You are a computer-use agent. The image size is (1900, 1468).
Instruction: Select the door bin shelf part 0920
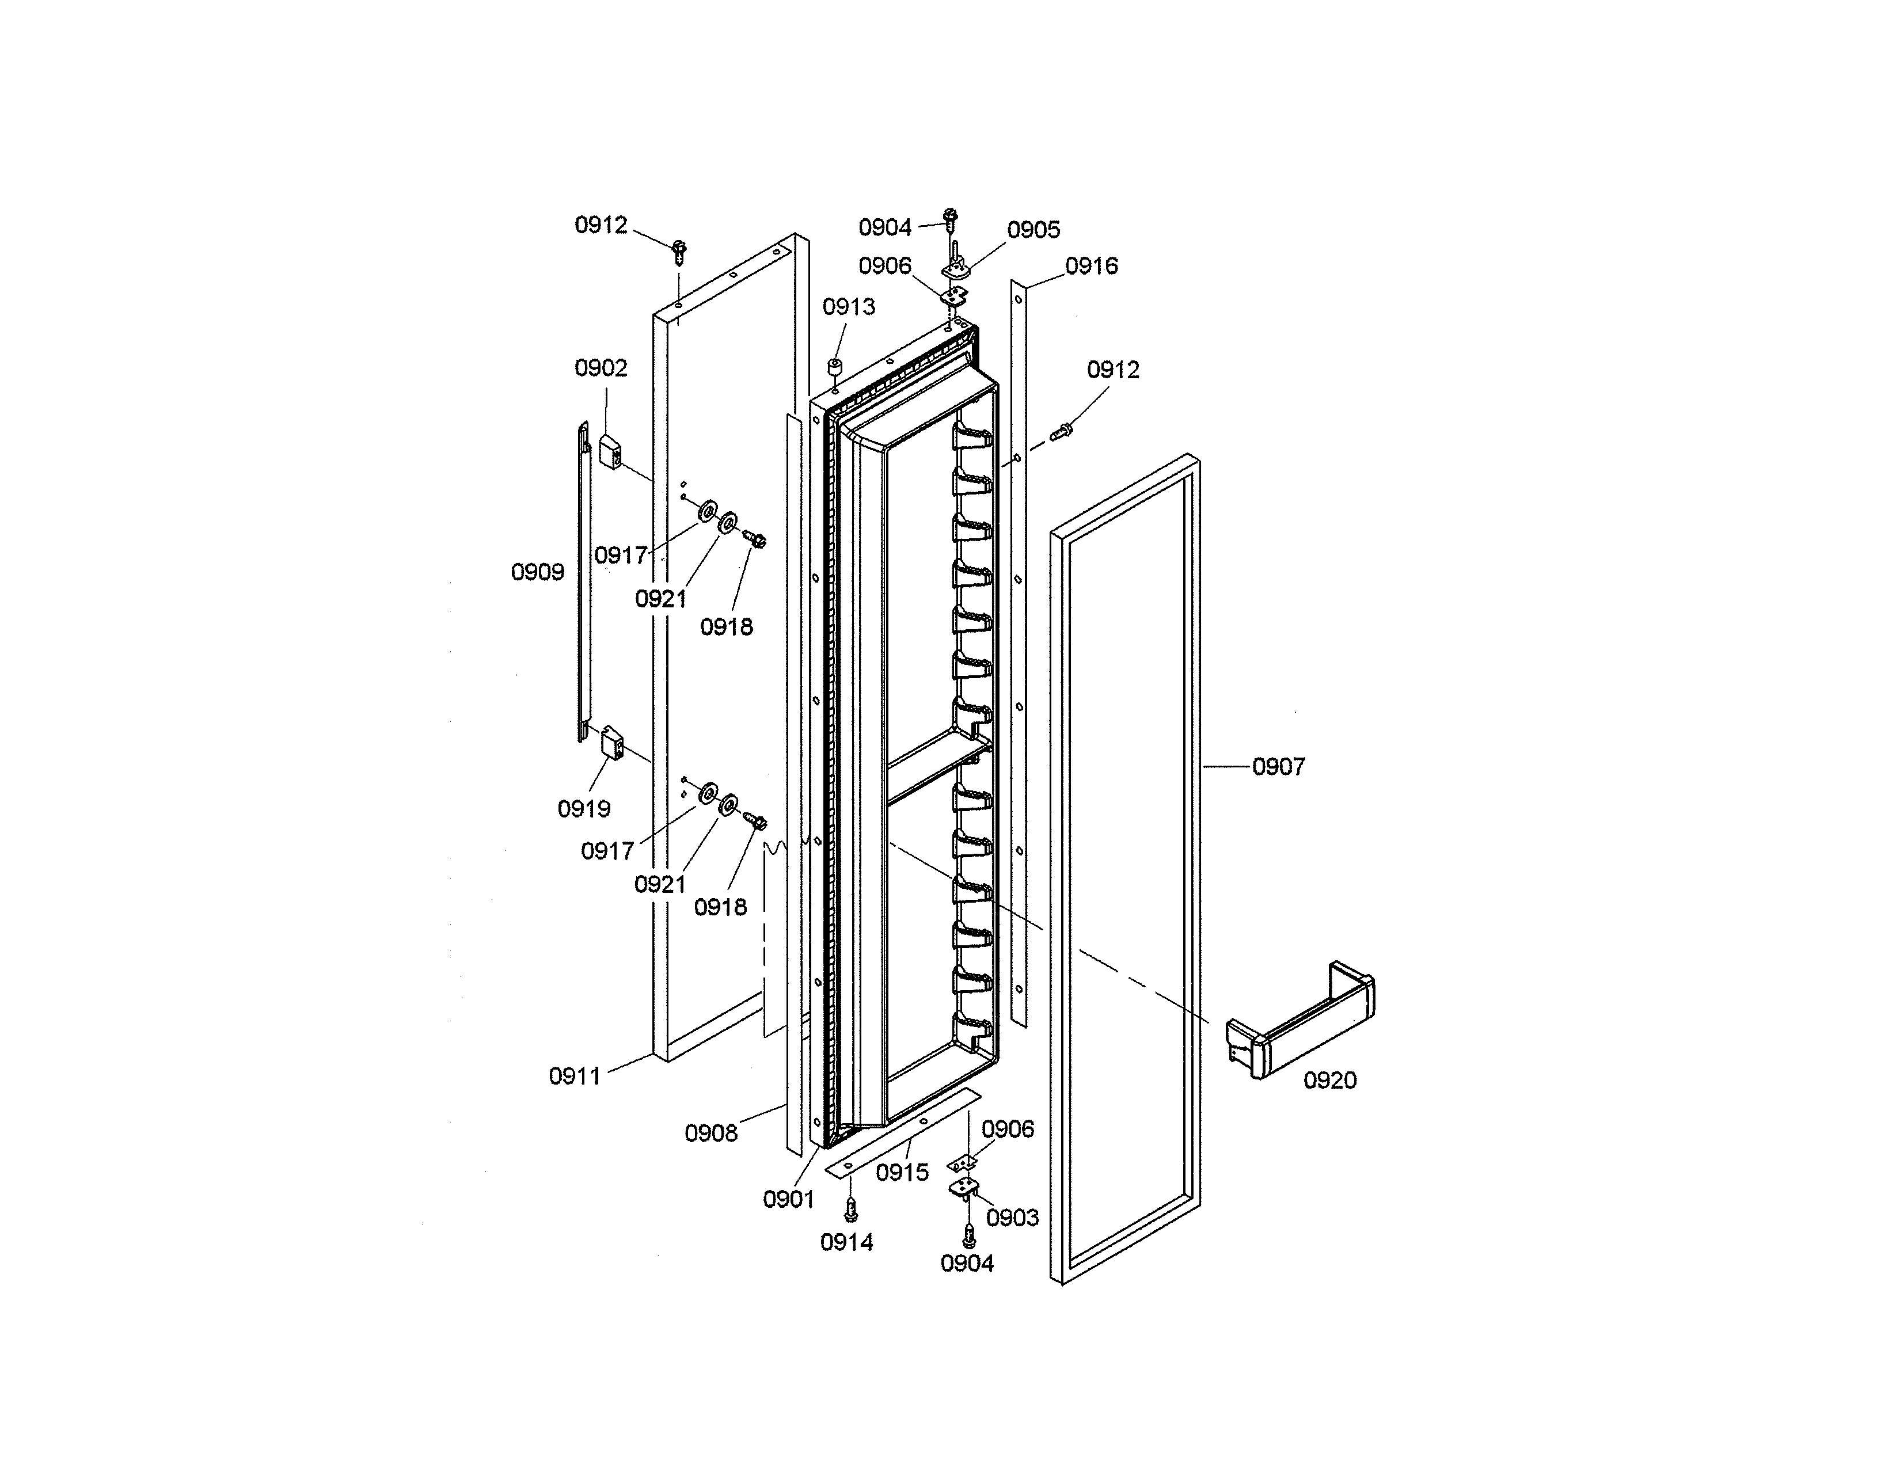[1301, 1022]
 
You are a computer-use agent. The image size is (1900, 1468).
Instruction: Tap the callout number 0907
[1278, 766]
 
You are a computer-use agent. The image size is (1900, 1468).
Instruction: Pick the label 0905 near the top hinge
[1033, 230]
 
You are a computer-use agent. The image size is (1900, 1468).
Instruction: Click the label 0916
[1091, 266]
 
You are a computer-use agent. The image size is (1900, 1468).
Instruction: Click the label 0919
[584, 809]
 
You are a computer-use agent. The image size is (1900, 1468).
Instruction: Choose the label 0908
[710, 1132]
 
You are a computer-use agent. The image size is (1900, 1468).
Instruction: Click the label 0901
[788, 1199]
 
